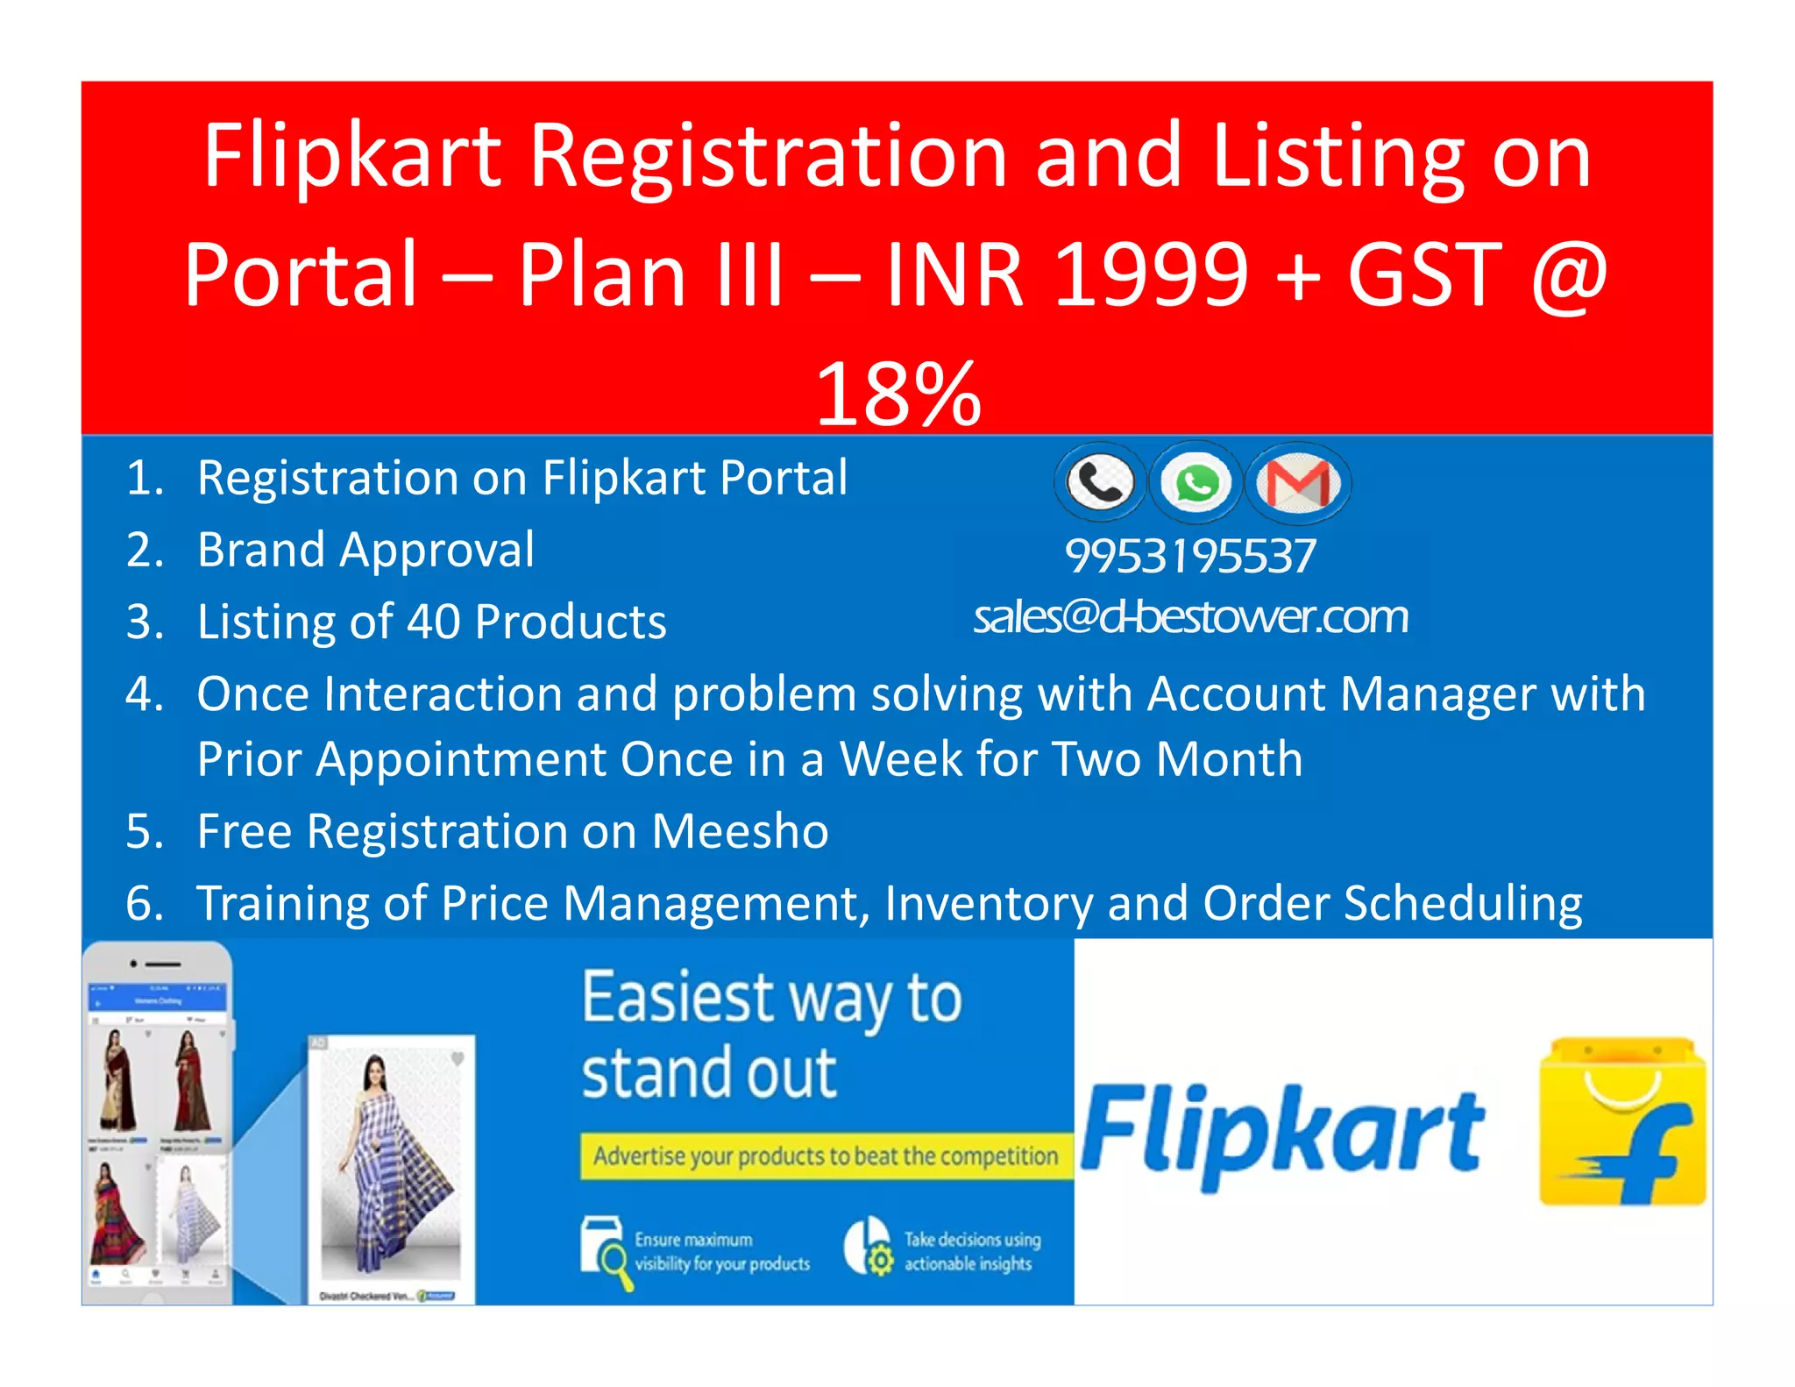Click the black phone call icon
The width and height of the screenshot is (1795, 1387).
1100,482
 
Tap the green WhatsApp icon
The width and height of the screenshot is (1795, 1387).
1195,483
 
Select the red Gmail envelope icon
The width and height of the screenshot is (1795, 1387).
1298,483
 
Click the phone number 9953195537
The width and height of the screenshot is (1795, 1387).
1190,556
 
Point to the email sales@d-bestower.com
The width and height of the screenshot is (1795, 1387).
1190,616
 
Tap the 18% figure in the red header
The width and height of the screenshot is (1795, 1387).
898,395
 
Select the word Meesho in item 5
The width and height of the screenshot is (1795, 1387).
740,831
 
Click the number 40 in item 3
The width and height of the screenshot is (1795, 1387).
433,622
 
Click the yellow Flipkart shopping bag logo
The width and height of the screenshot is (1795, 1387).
1622,1121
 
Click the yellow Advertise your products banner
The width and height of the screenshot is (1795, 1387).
826,1156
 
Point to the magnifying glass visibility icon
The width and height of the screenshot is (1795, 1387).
606,1250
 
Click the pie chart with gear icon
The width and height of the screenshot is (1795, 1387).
869,1246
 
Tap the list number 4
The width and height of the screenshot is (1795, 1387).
145,694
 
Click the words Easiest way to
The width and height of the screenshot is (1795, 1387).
772,999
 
